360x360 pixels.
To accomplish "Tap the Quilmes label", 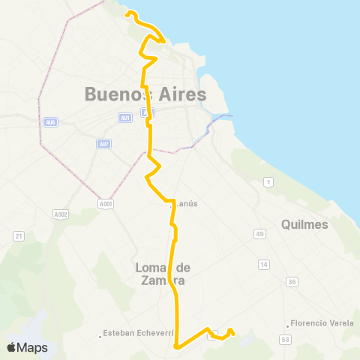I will tap(304, 224).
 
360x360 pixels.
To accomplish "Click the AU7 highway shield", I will tap(103, 144).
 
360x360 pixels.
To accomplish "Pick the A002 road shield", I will tap(61, 214).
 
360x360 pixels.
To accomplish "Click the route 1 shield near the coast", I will tap(268, 182).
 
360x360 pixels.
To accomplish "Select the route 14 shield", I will tap(263, 264).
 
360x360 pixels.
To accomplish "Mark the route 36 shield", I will tap(291, 282).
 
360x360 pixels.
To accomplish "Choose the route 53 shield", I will tap(285, 340).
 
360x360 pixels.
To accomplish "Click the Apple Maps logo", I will tap(27, 347).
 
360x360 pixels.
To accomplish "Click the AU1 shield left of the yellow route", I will tap(125, 117).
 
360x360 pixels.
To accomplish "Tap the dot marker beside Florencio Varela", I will tap(288, 325).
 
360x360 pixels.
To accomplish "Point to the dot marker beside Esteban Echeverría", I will tap(100, 335).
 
